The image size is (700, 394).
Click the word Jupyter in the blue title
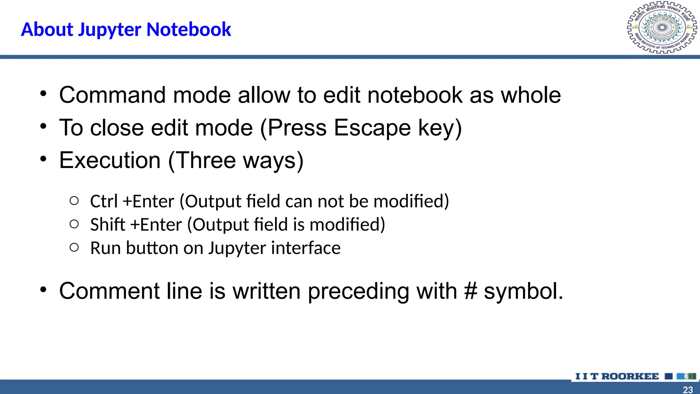(x=109, y=30)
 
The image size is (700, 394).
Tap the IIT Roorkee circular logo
(x=662, y=28)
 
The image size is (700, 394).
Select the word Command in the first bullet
(x=112, y=95)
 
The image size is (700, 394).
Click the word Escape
(x=372, y=128)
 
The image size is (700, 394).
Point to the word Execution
(x=110, y=160)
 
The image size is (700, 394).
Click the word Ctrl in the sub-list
(x=104, y=201)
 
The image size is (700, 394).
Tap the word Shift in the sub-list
(x=108, y=225)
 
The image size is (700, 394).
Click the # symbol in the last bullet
(x=471, y=291)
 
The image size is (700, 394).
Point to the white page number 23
(x=688, y=390)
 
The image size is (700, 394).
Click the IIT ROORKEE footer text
(x=617, y=376)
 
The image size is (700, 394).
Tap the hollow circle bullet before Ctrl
(x=74, y=201)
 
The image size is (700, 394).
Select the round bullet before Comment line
(x=43, y=290)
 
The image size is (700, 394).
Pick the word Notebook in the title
(x=189, y=29)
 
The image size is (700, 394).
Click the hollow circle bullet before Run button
(x=74, y=247)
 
